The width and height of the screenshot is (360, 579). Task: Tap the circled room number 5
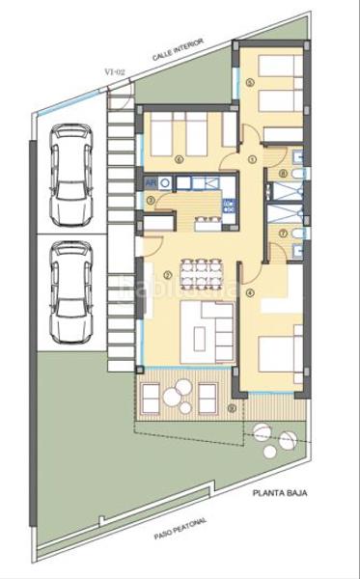(250, 83)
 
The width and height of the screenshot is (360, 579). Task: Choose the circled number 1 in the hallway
(252, 158)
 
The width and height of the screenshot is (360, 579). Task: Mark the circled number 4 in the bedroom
(250, 292)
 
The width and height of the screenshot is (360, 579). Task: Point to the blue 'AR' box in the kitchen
(151, 180)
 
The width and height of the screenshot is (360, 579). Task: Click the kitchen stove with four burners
(165, 180)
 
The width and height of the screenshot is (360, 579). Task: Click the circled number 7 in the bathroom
(282, 233)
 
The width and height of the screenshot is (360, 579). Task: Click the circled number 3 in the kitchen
(151, 201)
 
